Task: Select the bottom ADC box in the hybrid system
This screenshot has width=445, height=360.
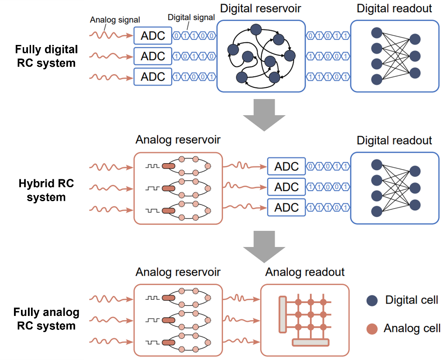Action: (286, 208)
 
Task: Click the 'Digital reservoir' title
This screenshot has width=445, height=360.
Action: (260, 8)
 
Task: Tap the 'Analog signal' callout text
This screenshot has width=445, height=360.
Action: (115, 20)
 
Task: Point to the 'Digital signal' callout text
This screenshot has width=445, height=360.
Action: (192, 17)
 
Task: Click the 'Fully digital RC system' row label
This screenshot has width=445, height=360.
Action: (46, 56)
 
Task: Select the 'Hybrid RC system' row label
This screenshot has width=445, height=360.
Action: (46, 190)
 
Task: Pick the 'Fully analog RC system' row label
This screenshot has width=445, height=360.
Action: (46, 319)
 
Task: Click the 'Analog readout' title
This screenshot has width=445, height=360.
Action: (305, 272)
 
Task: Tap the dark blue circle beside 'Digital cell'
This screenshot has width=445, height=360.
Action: (372, 300)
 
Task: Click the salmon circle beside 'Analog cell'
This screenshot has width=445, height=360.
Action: (372, 329)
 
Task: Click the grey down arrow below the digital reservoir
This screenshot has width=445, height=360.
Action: (264, 115)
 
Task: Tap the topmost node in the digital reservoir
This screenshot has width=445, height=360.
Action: (256, 30)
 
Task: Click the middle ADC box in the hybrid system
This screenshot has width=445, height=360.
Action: (286, 187)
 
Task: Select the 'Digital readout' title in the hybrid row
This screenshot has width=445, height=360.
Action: (394, 141)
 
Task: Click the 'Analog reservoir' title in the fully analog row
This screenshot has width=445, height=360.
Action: (178, 272)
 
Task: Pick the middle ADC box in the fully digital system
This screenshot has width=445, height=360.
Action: (153, 56)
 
